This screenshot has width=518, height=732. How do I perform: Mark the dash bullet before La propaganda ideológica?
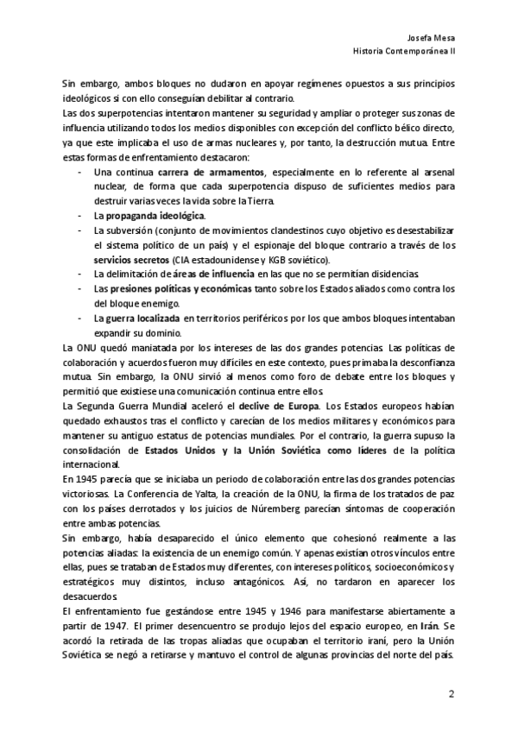80,215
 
